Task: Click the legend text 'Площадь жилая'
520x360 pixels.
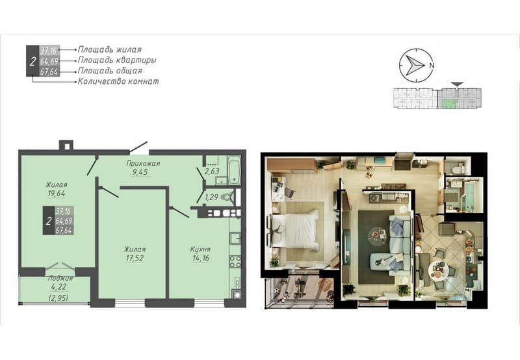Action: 109,49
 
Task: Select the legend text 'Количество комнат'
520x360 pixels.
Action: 118,81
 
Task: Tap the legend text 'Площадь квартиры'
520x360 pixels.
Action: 117,60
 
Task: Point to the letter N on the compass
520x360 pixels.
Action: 432,65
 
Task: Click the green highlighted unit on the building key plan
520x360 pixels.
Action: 447,103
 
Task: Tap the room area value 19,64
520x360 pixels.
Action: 57,194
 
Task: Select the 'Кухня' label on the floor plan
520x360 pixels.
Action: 200,250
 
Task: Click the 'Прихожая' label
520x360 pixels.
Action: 143,163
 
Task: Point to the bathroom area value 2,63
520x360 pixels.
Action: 212,172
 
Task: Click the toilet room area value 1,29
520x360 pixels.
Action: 212,198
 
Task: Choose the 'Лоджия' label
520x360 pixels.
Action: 60,278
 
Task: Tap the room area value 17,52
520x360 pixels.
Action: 135,258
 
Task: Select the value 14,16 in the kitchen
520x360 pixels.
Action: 201,258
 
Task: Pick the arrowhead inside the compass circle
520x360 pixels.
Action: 415,65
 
